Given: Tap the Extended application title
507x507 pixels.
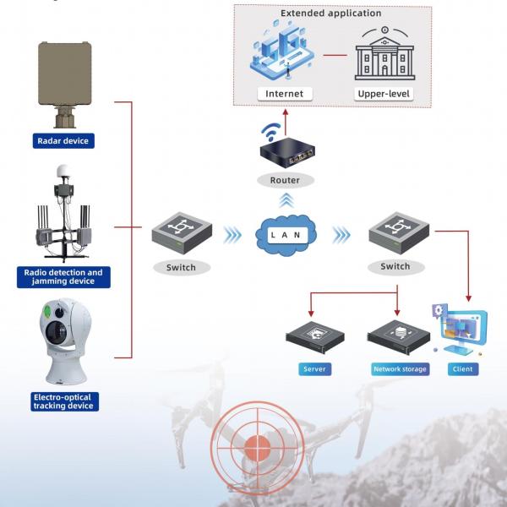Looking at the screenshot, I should [x=331, y=14].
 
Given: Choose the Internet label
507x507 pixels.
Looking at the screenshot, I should [x=283, y=93].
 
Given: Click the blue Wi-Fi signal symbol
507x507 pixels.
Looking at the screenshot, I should [x=271, y=133].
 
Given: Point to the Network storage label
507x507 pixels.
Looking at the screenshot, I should [x=400, y=369].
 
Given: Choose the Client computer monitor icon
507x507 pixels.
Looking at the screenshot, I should [x=462, y=331].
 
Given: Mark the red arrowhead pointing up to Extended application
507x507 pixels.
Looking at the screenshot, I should [x=285, y=111].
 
